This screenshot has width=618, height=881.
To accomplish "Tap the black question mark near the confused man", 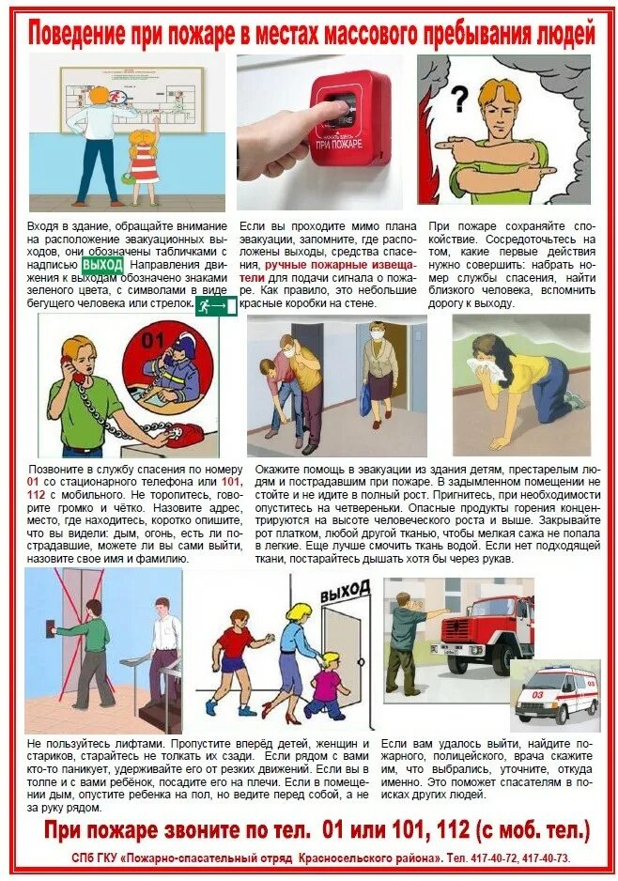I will point(459,98).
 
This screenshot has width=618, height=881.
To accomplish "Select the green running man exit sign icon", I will point(215,306).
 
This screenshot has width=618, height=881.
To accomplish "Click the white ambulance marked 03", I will point(555,695).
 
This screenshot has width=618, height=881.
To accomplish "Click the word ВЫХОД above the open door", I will point(345,595).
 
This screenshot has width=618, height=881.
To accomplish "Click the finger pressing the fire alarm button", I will point(319,114).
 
